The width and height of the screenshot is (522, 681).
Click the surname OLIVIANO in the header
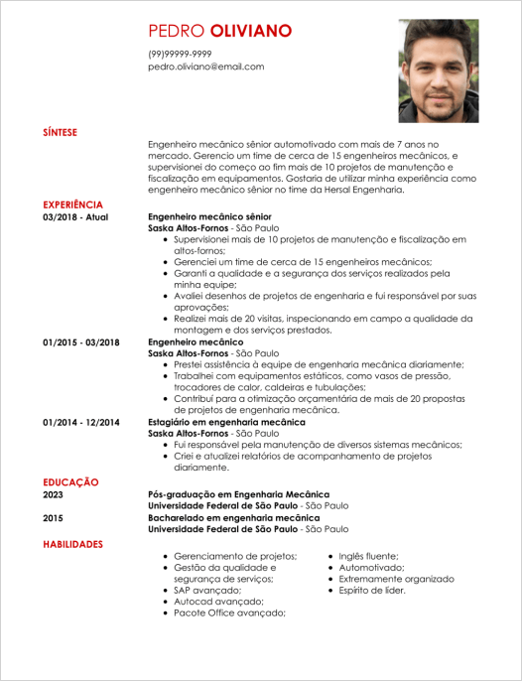(251, 31)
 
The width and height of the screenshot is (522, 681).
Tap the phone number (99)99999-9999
(180, 54)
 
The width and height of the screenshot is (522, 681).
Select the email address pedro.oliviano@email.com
(206, 67)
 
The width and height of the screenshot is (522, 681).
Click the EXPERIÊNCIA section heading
(72, 204)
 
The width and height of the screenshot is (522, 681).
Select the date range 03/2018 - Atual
(75, 215)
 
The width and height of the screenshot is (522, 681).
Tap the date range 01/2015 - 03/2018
(81, 341)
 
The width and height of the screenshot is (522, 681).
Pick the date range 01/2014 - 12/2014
(81, 422)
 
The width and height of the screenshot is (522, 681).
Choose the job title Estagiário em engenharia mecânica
(224, 422)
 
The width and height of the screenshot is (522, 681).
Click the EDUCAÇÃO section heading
(70, 481)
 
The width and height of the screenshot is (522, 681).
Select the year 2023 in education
(53, 493)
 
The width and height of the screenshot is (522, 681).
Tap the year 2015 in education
(53, 517)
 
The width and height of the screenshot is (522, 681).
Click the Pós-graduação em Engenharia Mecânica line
(238, 493)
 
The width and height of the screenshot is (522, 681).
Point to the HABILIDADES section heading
(72, 545)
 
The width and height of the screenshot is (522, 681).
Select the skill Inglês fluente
(368, 556)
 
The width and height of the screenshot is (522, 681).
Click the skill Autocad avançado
(218, 602)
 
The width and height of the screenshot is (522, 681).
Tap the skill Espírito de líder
(372, 590)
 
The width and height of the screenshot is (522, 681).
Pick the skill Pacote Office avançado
(229, 613)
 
